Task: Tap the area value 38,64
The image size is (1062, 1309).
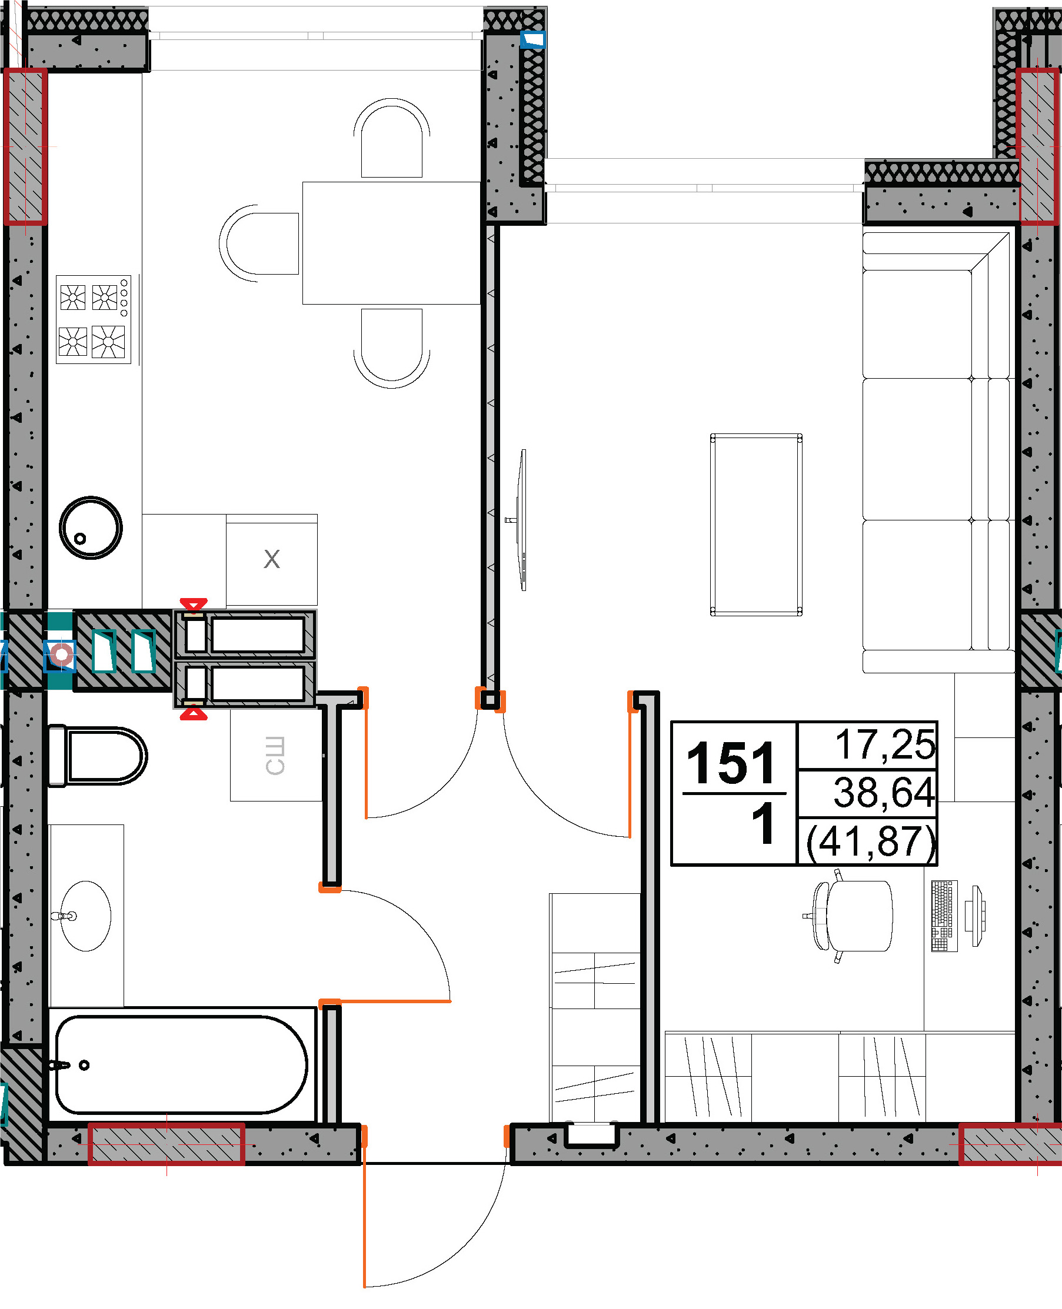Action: (884, 792)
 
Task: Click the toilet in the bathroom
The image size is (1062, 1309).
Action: (97, 756)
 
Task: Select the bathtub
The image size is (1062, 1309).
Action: (181, 1066)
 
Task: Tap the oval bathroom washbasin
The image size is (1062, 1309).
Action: (86, 916)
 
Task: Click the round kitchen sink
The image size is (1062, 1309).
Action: (91, 527)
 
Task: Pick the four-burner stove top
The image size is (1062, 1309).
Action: (94, 320)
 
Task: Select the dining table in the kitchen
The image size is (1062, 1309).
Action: (391, 243)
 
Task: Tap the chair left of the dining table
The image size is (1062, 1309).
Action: (259, 243)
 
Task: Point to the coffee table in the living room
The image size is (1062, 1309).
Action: (756, 525)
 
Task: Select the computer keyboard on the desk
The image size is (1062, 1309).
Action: (944, 916)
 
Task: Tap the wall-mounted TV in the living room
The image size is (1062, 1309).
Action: (521, 520)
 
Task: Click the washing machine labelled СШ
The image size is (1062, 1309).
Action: (276, 755)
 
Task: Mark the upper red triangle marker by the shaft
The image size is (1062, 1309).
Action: (194, 604)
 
